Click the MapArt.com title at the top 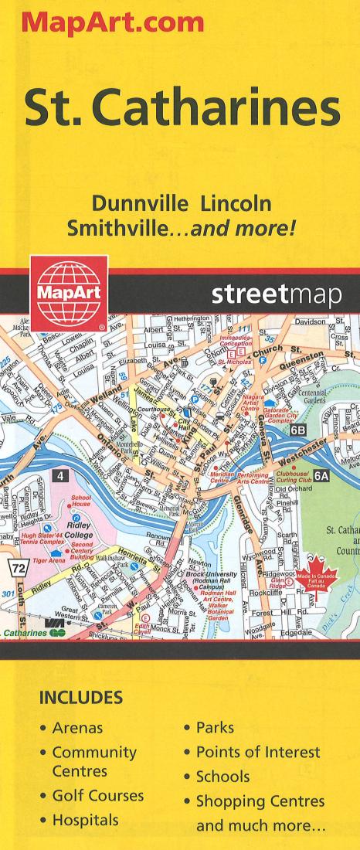pyautogui.click(x=113, y=21)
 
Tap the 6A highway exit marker pyautogui.click(x=320, y=476)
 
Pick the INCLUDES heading pyautogui.click(x=81, y=698)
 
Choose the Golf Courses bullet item pyautogui.click(x=97, y=796)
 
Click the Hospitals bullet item pyautogui.click(x=85, y=820)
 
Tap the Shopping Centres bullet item pyautogui.click(x=260, y=801)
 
